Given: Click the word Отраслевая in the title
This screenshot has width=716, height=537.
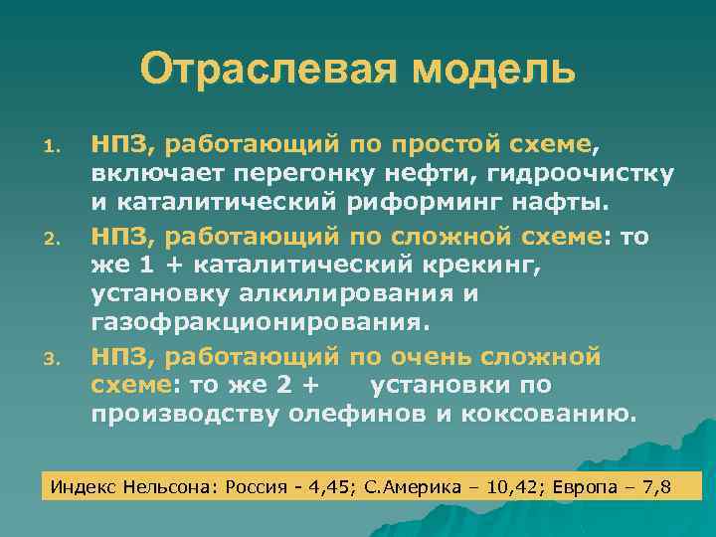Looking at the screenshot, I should (254, 70).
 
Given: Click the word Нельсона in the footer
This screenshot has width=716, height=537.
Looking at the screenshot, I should (168, 487).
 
